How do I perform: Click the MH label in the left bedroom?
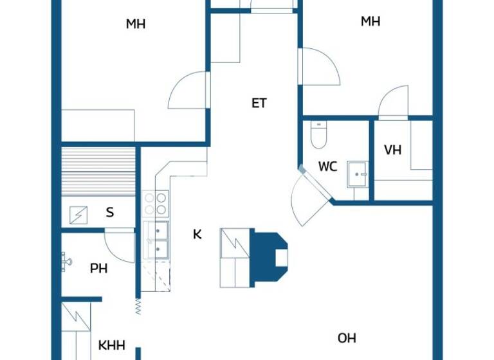(136, 24)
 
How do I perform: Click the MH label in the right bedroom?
(370, 21)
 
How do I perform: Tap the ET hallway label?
(259, 103)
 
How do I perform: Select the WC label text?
(327, 167)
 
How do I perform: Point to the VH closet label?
(392, 150)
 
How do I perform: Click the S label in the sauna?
(110, 212)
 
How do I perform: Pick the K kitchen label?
(197, 235)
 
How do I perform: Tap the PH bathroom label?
(98, 269)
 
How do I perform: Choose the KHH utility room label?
(111, 345)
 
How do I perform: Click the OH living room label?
(347, 338)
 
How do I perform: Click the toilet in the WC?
(318, 135)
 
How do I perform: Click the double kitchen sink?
(157, 239)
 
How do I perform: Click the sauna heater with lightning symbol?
(78, 213)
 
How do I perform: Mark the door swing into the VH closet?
(392, 103)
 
